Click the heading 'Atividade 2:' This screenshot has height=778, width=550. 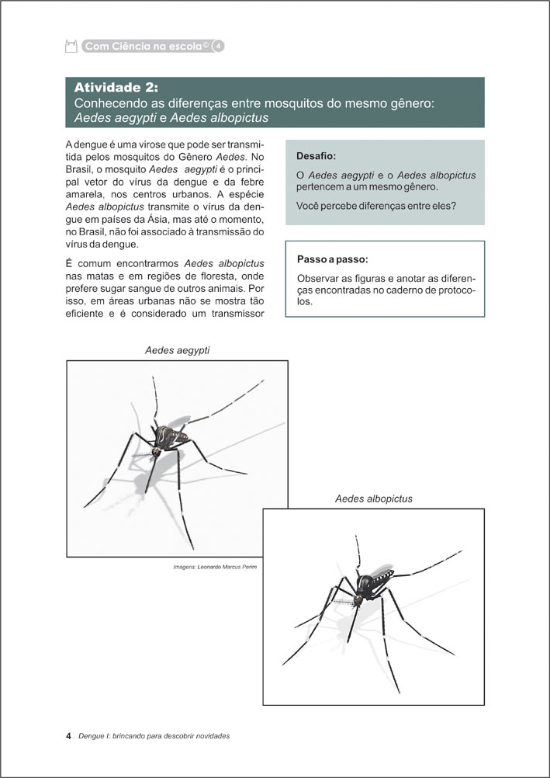[116, 87]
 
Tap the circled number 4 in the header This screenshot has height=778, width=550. [219, 47]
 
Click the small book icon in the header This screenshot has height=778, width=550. [72, 47]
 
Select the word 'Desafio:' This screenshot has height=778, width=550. [316, 156]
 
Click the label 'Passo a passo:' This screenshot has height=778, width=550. [333, 259]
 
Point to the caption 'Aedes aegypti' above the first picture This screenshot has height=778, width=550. [177, 351]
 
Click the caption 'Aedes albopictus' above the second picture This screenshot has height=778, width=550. [373, 498]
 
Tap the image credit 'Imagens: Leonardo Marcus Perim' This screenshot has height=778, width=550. [215, 567]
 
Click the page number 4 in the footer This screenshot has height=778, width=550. [69, 735]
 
